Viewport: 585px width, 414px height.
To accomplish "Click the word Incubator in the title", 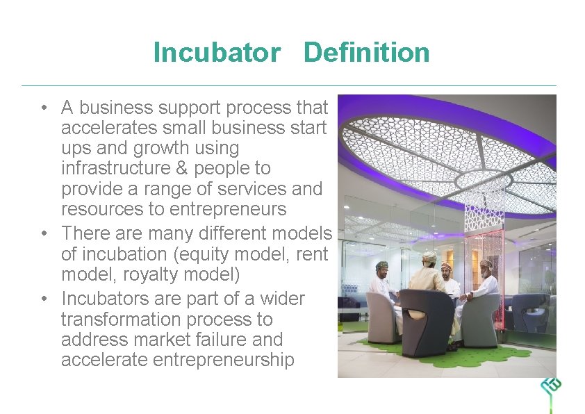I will pos(217,53).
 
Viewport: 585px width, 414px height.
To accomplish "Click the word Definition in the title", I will pos(367,53).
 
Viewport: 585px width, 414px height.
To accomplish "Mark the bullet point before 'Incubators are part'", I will pos(44,299).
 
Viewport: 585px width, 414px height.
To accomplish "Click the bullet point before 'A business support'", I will pos(44,108).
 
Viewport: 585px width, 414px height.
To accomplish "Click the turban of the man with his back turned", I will pos(429,257).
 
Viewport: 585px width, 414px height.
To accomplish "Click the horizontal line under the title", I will pos(289,86).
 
